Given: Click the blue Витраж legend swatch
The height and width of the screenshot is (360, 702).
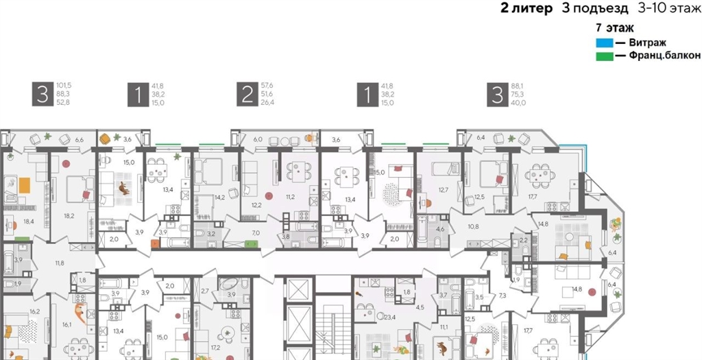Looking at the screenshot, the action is pos(605,43).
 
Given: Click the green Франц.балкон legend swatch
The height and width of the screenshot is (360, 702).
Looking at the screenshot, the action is pos(605,56).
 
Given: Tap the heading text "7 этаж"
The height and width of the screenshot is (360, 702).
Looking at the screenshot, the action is pos(615,27).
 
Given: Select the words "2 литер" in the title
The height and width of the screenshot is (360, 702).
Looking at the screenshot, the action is pos(526,8).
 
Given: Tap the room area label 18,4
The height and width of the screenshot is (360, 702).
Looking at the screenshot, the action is pos(28,221).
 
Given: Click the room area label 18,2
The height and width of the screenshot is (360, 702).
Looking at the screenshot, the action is pos(69,215).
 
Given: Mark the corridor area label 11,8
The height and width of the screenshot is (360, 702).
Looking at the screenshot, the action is pos(60,263).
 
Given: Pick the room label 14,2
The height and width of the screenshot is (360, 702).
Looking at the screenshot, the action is pos(221,197).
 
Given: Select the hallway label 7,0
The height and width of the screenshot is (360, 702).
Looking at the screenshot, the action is pos(256,233).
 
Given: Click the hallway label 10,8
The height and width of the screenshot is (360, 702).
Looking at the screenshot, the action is pos(473,226).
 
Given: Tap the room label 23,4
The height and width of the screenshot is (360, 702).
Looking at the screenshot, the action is pos(390,317).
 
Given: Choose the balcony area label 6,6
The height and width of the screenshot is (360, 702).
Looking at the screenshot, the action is pos(79,140).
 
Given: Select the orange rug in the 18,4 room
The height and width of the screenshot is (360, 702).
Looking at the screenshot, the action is pos(24,185).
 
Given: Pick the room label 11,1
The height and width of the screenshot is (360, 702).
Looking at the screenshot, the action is pos(444,327).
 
